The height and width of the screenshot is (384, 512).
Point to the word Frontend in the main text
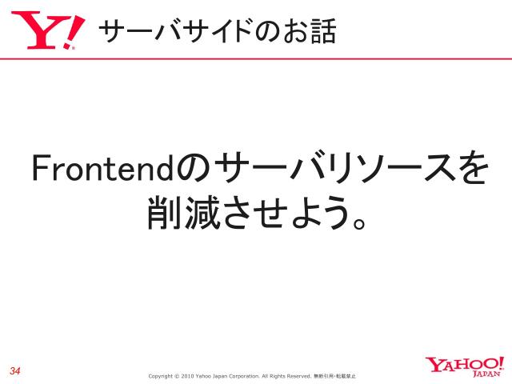[x=102, y=170]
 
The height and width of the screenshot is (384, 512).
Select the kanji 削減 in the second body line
[x=178, y=213]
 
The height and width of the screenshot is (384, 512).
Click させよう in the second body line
[x=281, y=213]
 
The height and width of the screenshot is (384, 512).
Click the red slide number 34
[x=15, y=370]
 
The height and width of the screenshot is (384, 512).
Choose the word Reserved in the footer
[x=297, y=375]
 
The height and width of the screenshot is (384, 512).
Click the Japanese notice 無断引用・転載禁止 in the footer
[x=335, y=375]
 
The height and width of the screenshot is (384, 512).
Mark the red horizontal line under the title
[x=256, y=58]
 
